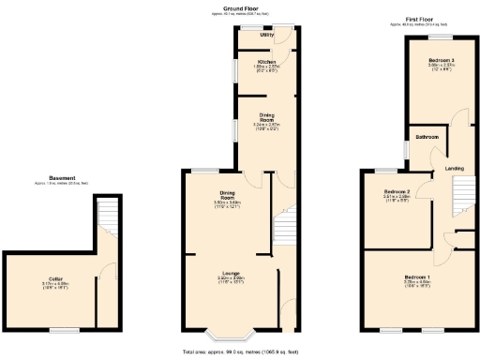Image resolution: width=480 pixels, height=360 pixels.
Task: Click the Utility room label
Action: coord(266,35)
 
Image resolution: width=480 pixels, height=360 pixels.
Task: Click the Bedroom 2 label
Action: coord(398,192)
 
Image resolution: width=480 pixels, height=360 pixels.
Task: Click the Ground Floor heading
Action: coord(240,7)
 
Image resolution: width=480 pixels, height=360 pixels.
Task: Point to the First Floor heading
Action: coord(418,19)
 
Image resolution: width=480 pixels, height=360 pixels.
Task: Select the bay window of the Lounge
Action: coord(227,334)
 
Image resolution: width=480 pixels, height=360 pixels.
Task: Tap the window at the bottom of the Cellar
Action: coord(64,330)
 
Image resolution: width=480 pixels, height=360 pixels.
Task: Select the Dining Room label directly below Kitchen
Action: coord(266,119)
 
